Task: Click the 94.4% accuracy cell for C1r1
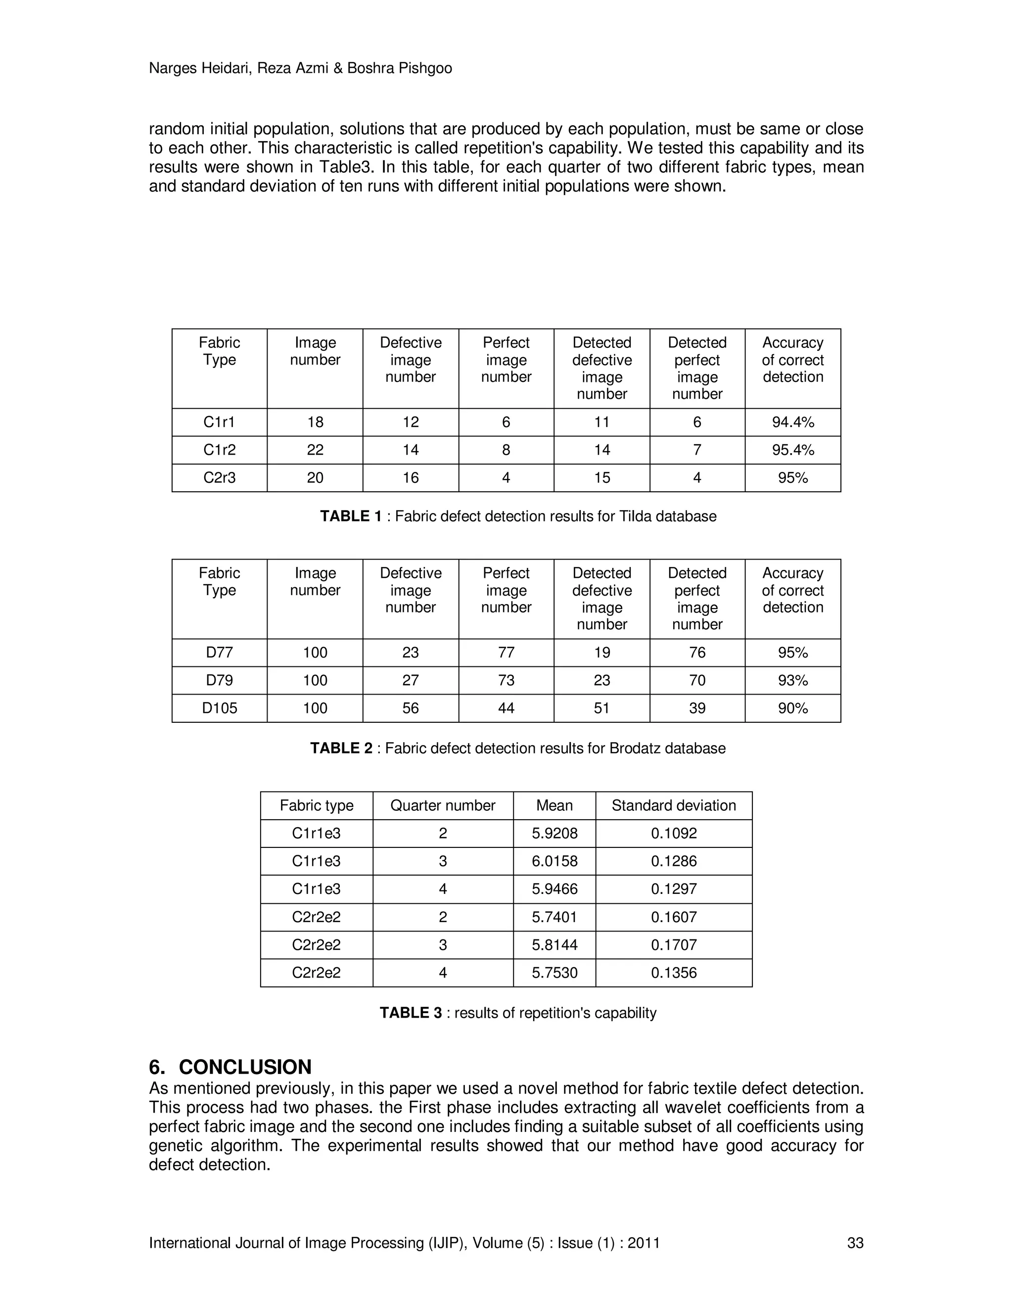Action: pos(792,422)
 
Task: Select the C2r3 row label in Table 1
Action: pos(219,478)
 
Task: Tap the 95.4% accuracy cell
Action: pos(792,450)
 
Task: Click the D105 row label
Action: pos(219,708)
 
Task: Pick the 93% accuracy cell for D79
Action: pos(792,680)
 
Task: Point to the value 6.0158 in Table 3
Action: pos(554,861)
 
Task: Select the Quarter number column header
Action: pos(442,805)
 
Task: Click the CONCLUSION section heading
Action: pos(245,1067)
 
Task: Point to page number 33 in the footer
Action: pos(855,1243)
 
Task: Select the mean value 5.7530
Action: pos(554,973)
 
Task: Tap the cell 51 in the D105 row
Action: pos(601,708)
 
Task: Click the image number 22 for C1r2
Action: pos(315,450)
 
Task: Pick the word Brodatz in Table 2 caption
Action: pos(632,748)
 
